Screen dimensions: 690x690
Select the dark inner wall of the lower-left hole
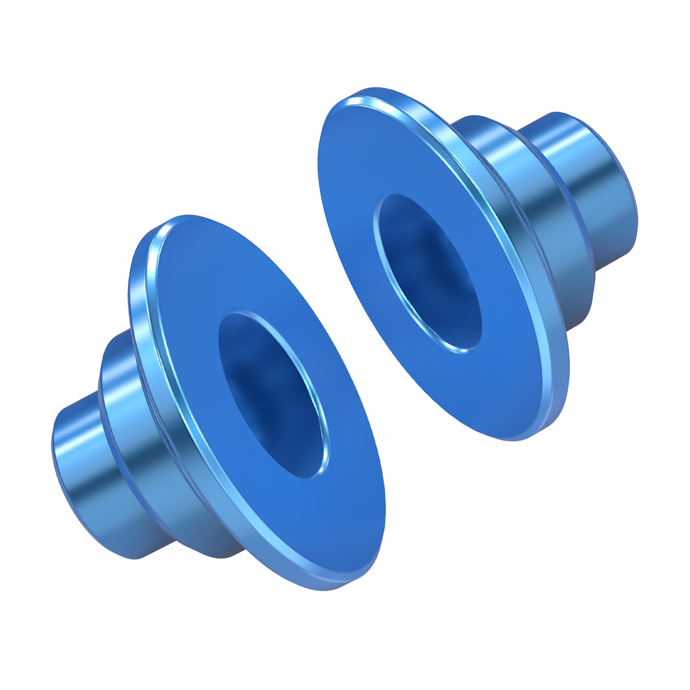[x=259, y=379]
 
